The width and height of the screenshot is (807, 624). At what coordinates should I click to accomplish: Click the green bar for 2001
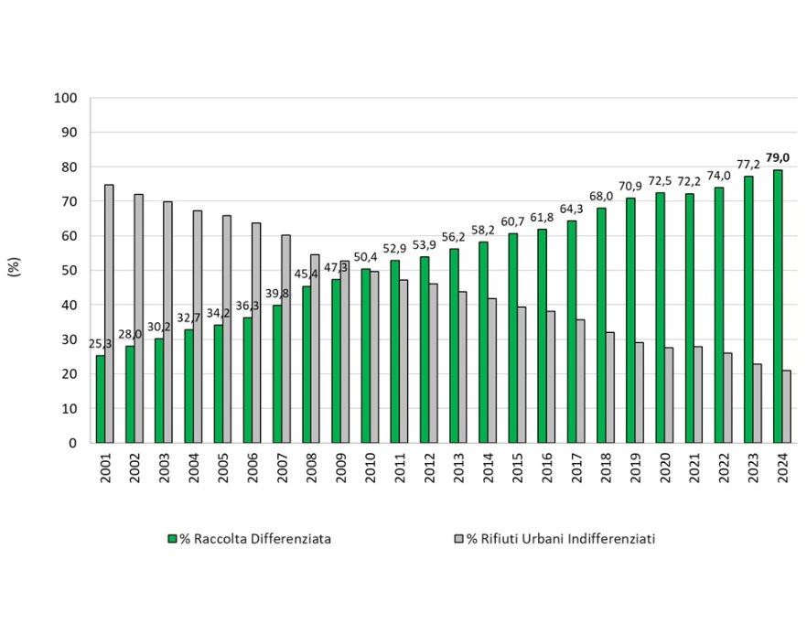(x=100, y=399)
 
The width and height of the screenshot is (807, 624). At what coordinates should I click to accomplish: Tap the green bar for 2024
(x=777, y=307)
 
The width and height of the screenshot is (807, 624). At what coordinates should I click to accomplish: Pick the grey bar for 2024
(x=786, y=406)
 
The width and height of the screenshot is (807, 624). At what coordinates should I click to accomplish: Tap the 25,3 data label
(x=101, y=344)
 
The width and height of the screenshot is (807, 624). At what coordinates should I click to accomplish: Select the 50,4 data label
(x=364, y=257)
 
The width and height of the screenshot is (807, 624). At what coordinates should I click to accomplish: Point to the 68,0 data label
(x=600, y=197)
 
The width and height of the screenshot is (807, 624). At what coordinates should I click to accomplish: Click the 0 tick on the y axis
(x=73, y=443)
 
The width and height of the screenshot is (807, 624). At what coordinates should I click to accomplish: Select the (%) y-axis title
(x=15, y=268)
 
